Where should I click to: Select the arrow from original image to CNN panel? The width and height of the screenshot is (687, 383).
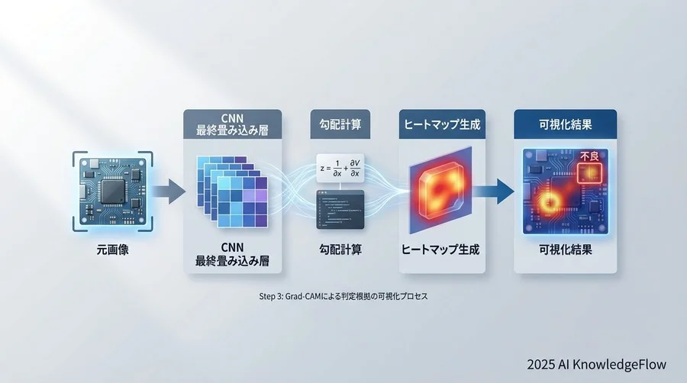[x=172, y=191]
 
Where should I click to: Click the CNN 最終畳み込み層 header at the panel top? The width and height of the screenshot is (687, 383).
[x=232, y=124]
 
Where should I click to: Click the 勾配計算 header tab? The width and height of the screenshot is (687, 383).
[x=340, y=123]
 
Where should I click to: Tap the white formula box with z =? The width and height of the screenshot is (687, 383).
[x=341, y=167]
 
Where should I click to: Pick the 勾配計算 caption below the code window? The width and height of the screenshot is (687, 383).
[x=340, y=249]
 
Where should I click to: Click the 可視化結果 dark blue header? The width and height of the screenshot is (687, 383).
[x=565, y=123]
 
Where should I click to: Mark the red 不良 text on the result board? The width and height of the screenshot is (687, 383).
[x=591, y=156]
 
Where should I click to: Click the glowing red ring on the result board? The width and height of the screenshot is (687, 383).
[x=549, y=202]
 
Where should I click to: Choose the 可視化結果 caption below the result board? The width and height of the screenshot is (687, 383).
[x=565, y=249]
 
